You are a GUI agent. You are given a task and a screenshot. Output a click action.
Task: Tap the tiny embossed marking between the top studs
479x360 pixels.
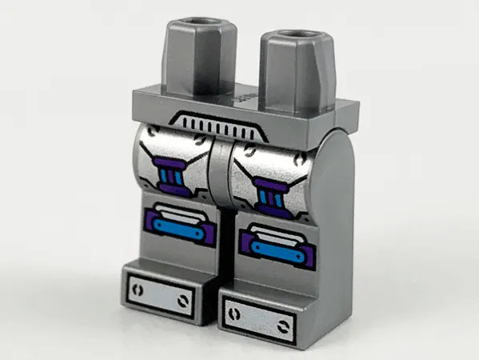coord(240,97)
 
